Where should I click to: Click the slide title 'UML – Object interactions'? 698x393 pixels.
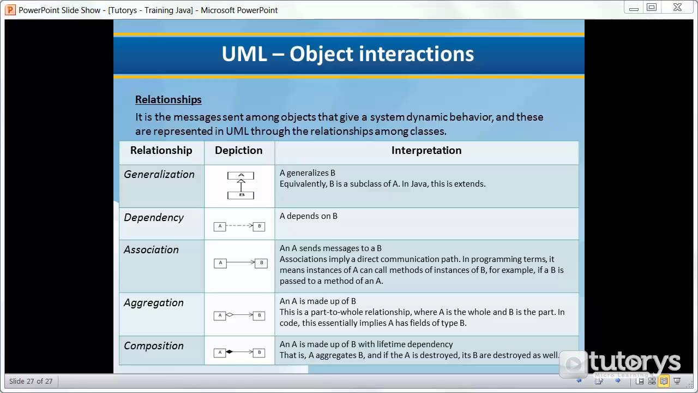click(x=348, y=54)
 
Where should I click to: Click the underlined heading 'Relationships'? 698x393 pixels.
click(x=169, y=99)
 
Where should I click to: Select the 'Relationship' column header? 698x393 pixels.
click(x=161, y=151)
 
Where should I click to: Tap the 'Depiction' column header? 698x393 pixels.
click(x=239, y=151)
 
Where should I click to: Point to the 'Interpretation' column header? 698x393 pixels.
click(x=426, y=151)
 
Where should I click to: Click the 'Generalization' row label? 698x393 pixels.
click(x=159, y=175)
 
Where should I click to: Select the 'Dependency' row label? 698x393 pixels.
click(x=154, y=218)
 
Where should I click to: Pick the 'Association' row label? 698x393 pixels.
click(x=151, y=250)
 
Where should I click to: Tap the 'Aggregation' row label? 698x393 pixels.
click(x=154, y=303)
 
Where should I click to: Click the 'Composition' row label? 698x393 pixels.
click(x=154, y=346)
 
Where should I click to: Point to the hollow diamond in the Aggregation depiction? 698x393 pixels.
click(x=230, y=315)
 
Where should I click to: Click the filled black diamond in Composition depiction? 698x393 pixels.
click(x=230, y=352)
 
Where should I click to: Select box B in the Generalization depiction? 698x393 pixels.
click(x=241, y=195)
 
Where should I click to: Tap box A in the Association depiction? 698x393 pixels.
click(x=220, y=263)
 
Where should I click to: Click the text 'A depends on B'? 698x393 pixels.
click(x=309, y=216)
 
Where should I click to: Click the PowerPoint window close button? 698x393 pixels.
click(x=677, y=8)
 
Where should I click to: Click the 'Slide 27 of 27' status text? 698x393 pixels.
click(x=31, y=381)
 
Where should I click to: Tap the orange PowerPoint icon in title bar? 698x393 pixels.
click(x=10, y=10)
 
